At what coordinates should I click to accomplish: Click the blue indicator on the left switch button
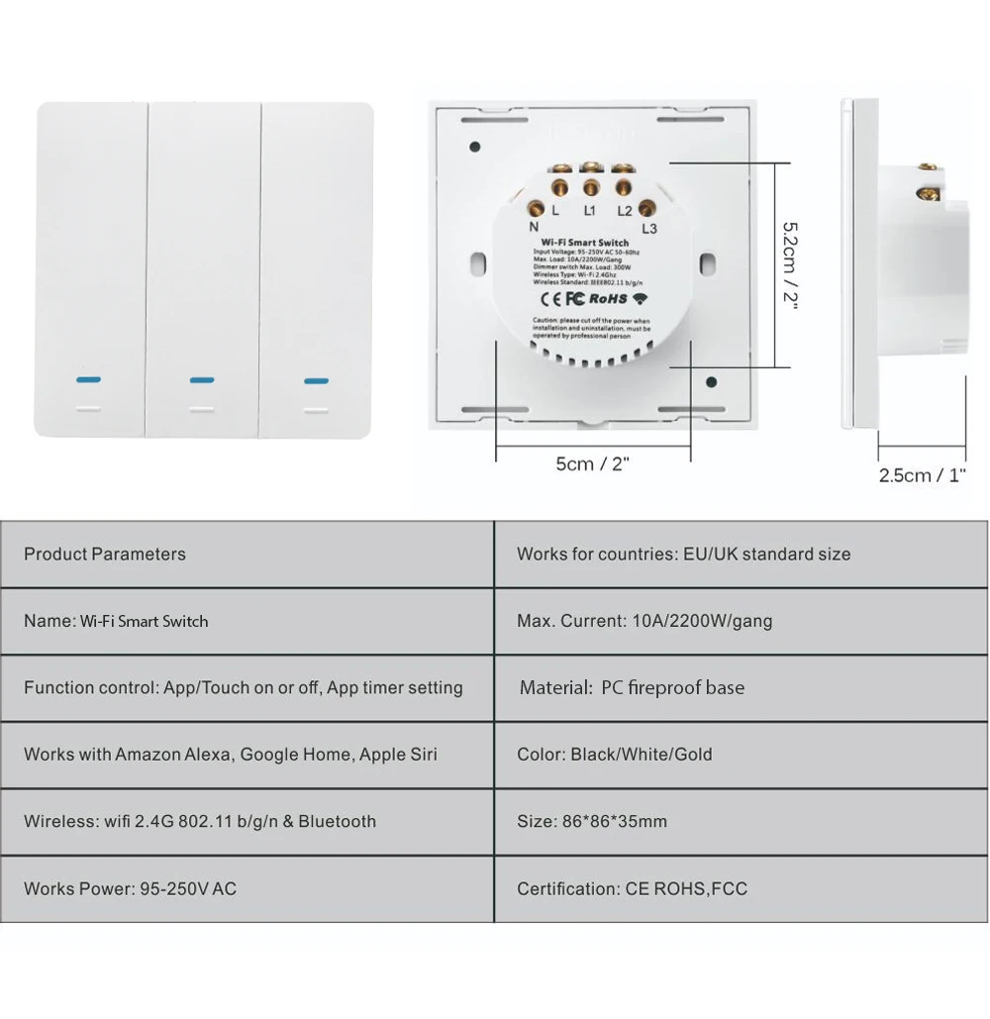point(86,379)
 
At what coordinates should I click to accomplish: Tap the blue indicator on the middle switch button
point(202,379)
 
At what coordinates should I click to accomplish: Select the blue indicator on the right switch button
point(317,379)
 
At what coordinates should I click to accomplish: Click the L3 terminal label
point(649,230)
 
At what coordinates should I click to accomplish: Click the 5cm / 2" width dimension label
point(593,463)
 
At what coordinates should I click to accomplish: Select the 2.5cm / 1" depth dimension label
point(922,475)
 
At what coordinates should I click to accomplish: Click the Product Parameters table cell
point(105,555)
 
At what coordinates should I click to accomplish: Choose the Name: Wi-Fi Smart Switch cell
point(116,621)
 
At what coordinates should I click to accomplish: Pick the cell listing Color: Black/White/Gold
point(615,755)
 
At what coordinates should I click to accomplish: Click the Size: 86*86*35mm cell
point(592,821)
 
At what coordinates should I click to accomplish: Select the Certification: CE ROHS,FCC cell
point(632,888)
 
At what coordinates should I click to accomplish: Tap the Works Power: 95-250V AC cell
point(130,888)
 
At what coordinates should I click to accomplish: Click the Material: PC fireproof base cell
point(632,687)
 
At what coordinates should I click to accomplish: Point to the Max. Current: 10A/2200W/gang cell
point(644,621)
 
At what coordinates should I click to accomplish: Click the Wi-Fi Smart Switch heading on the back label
point(585,243)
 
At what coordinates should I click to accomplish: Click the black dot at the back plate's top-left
point(475,147)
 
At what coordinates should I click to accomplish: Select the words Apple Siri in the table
point(398,755)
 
